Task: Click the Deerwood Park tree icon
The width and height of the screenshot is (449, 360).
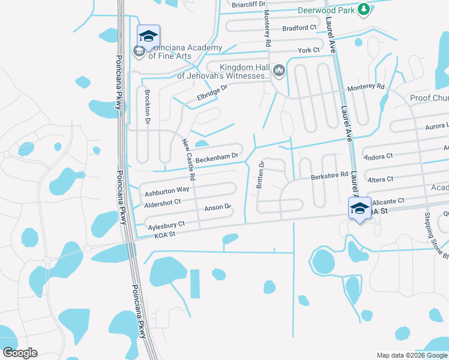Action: coord(363,9)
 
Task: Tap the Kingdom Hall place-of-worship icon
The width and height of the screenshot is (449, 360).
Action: coord(279,71)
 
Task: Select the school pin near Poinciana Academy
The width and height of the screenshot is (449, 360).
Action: coord(148,37)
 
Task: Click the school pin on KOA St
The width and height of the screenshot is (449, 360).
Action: coord(360,209)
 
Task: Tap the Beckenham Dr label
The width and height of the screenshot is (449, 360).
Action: coord(217,158)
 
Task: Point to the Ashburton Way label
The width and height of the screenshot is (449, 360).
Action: coord(167,191)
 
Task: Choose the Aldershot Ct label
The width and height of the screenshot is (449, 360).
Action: coord(163,203)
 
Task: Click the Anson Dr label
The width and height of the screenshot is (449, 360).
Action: coord(218,208)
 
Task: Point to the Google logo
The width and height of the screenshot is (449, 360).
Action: coord(20,353)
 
